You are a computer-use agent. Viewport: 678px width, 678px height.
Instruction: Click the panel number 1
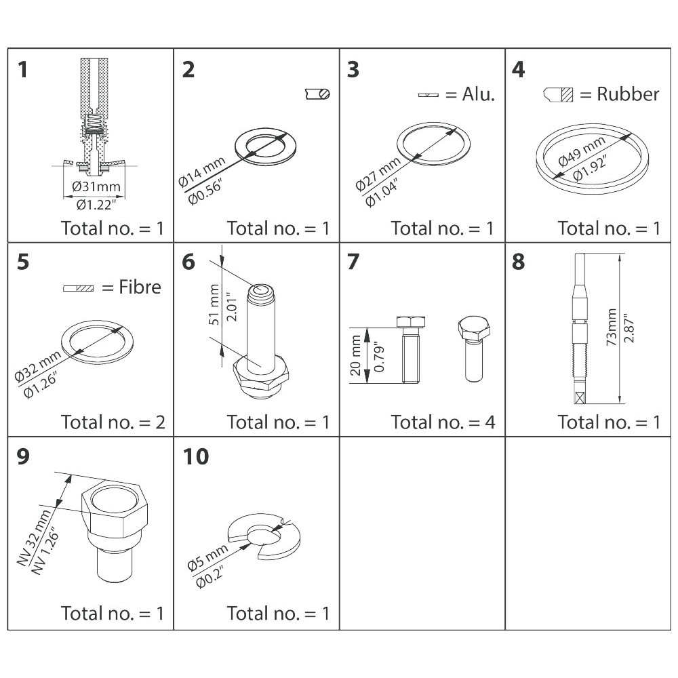point(23,70)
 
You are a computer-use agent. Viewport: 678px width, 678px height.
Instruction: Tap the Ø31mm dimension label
point(96,187)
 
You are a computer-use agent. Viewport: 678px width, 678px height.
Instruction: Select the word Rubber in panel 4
point(628,94)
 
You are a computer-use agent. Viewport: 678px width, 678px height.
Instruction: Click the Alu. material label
point(478,94)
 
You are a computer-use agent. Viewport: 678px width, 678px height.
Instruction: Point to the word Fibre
point(140,287)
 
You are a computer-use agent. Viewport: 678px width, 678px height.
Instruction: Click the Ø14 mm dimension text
point(201,172)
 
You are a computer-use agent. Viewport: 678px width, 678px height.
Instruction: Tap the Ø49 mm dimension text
point(581,151)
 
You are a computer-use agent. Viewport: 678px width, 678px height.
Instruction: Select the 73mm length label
point(612,327)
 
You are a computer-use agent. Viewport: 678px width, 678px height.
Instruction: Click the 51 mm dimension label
point(214,304)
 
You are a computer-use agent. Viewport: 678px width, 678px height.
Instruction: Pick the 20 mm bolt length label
point(355,355)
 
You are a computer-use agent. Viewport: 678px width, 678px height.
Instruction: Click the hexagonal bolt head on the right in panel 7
point(474,327)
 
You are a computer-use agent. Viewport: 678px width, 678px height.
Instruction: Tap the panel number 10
point(196,456)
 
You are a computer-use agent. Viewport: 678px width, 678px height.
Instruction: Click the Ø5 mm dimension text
point(207,558)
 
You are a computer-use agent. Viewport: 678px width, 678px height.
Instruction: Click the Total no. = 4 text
point(443,422)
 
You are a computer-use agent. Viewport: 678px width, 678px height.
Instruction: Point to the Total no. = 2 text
point(113,422)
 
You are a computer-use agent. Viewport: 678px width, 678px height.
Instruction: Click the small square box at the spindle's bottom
point(580,397)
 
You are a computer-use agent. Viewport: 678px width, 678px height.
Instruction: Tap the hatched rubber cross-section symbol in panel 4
point(567,95)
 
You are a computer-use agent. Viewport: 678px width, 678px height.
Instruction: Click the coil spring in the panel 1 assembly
point(94,124)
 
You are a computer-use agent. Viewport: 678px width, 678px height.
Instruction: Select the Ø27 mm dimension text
point(378,174)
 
